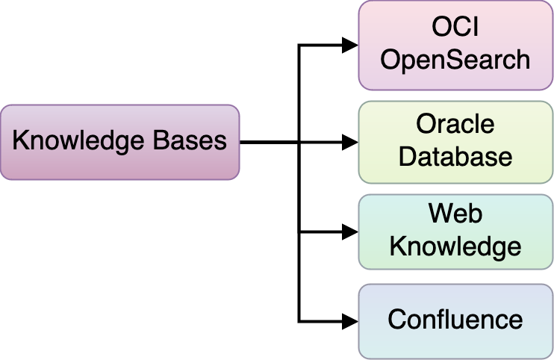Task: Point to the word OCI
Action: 455,28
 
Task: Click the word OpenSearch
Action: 455,59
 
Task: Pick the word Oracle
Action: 455,124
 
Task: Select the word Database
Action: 455,156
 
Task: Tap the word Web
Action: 455,214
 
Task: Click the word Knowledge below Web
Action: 455,246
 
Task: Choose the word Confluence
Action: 455,320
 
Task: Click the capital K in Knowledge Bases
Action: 21,141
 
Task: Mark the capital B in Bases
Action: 168,141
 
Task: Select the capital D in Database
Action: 407,156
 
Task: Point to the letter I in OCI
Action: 476,28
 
